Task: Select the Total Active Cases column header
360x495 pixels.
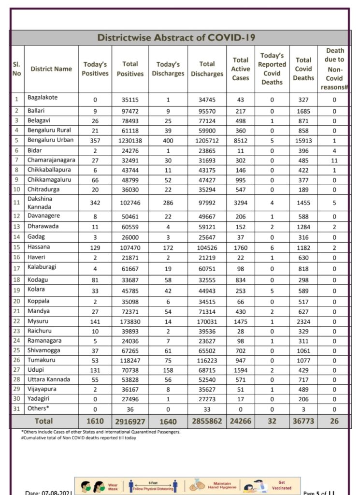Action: coord(240,69)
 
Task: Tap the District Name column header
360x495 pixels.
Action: coord(51,69)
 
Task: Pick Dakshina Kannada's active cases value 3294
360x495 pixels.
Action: coord(240,203)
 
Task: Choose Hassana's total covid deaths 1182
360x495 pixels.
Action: coord(303,247)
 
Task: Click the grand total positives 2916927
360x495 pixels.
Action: coord(130,422)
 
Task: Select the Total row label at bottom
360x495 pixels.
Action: coord(43,422)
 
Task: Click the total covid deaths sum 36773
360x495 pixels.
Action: coord(303,422)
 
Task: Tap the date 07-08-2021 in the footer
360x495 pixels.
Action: coord(48,493)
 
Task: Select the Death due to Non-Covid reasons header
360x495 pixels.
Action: coord(335,69)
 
